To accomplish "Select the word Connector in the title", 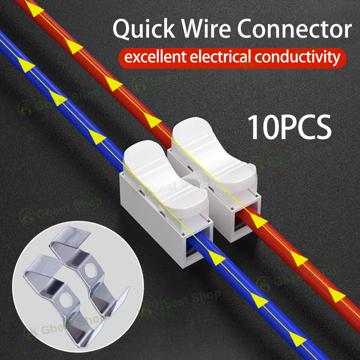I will click(293, 30).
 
